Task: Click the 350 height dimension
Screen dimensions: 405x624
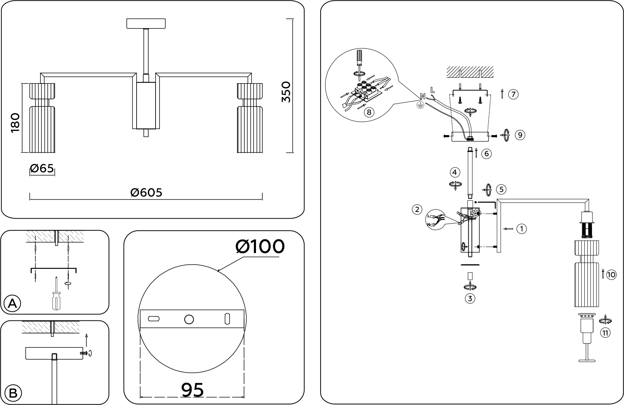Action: [x=287, y=92]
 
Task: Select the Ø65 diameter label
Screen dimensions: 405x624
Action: [x=42, y=169]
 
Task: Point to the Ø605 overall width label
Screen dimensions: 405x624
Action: [x=146, y=193]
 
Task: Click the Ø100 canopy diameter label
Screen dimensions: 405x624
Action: [x=260, y=246]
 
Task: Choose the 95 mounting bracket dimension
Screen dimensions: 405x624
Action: [x=192, y=390]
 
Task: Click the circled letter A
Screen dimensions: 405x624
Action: [x=12, y=303]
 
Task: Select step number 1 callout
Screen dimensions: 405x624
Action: [x=522, y=229]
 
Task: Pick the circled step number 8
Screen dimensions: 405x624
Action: [x=368, y=112]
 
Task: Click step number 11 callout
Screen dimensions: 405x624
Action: [x=605, y=332]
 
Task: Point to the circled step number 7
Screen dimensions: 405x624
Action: [x=513, y=94]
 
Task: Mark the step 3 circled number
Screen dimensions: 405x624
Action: [x=470, y=298]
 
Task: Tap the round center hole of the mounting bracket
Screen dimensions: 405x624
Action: [x=189, y=319]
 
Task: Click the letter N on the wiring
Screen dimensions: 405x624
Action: [x=423, y=96]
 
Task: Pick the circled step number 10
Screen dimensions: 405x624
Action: [x=611, y=274]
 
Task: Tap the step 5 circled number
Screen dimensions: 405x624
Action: [x=501, y=190]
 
